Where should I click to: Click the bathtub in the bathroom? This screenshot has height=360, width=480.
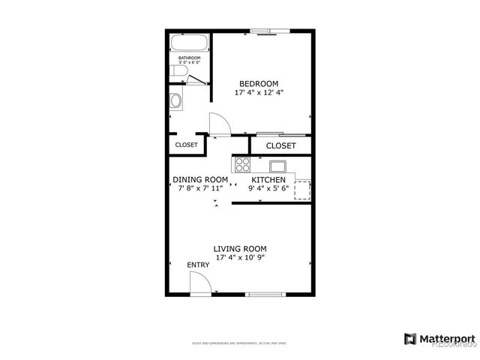click(x=186, y=43)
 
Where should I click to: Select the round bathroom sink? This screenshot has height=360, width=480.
click(x=176, y=100)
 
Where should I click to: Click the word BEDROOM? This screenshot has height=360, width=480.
click(x=259, y=83)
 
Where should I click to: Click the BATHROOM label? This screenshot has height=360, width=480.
click(x=189, y=58)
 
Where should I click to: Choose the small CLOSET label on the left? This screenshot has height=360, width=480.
click(x=186, y=145)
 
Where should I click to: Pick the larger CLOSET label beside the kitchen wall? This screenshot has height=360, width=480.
click(x=281, y=145)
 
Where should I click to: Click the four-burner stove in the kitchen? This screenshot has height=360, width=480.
click(x=241, y=165)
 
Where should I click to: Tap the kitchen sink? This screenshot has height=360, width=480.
click(x=276, y=166)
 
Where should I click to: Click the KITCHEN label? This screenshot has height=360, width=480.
click(x=268, y=180)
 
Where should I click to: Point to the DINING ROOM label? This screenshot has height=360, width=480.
click(x=200, y=179)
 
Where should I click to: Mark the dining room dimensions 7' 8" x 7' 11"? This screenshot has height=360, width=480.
click(x=200, y=188)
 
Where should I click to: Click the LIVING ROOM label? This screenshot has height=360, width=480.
click(x=240, y=249)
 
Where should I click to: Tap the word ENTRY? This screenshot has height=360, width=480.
click(x=199, y=265)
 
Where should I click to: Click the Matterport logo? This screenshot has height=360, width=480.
click(x=439, y=338)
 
